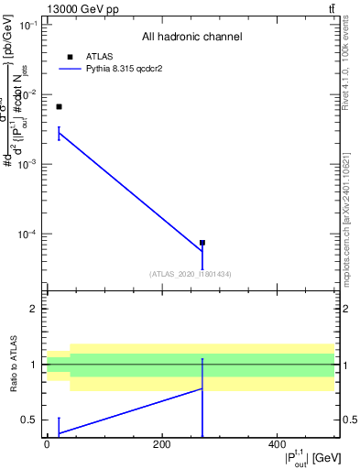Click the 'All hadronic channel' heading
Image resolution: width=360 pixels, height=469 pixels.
click(191, 37)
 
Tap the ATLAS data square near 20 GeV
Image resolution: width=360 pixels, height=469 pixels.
click(59, 107)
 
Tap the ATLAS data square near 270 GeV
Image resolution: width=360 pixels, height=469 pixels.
click(202, 243)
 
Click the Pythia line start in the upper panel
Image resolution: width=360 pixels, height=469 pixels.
click(59, 134)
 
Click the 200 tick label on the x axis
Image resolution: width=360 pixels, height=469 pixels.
click(161, 444)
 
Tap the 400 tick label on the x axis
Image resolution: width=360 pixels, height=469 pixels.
click(277, 444)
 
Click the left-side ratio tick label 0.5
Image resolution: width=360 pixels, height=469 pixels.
click(33, 420)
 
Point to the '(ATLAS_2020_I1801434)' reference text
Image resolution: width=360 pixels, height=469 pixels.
click(191, 274)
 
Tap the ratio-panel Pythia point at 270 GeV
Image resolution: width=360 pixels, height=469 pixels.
click(202, 388)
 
